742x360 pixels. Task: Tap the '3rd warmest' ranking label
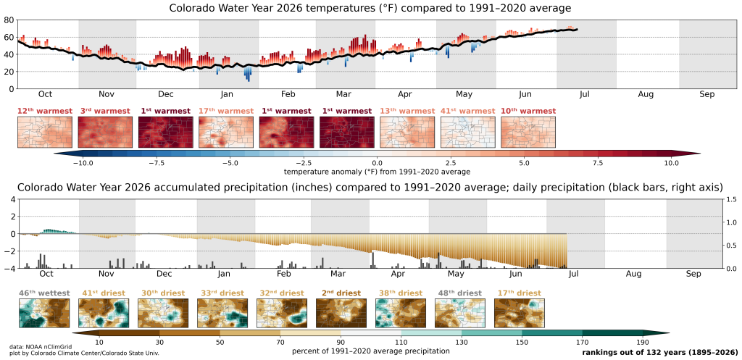(x=104, y=111)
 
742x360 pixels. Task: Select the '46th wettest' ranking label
(x=44, y=293)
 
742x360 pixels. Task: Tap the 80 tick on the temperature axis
(x=9, y=20)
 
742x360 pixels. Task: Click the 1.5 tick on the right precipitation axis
(x=732, y=200)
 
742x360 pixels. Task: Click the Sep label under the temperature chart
(x=707, y=95)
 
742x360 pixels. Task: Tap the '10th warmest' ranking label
(x=528, y=111)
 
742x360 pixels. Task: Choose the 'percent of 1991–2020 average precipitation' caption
(x=370, y=351)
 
